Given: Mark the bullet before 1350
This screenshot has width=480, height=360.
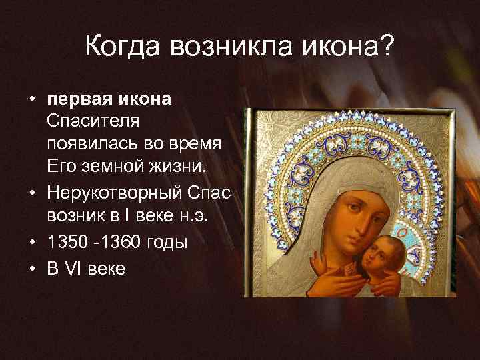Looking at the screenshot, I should [31, 243].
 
